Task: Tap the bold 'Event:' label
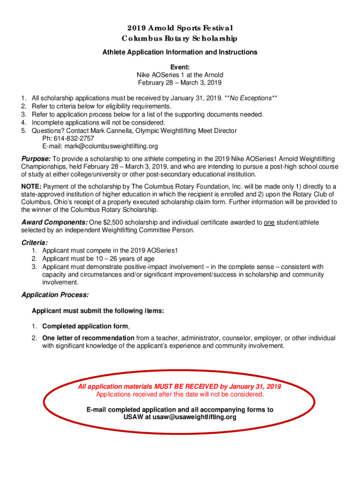point(180,66)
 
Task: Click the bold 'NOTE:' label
point(31,187)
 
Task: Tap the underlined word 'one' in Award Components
point(269,222)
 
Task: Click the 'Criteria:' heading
point(35,243)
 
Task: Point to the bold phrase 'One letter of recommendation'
point(88,338)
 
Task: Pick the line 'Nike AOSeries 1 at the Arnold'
point(180,75)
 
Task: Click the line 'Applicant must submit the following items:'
point(97,311)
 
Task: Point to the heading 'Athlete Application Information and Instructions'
point(180,52)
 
